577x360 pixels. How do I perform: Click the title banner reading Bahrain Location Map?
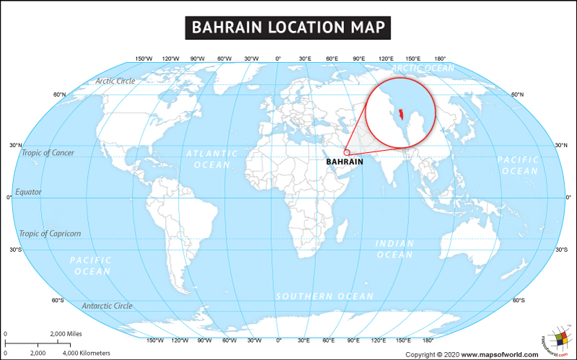tap(288, 28)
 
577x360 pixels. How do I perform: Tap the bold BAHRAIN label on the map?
tap(344, 162)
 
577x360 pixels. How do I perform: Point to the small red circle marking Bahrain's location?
tap(346, 152)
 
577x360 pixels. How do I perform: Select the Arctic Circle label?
tap(115, 81)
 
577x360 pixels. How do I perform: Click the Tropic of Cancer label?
tap(48, 153)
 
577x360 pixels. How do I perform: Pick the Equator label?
tap(28, 192)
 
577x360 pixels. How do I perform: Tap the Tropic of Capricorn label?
tap(50, 234)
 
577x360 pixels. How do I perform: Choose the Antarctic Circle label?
tap(107, 306)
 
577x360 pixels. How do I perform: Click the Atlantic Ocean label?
tap(211, 159)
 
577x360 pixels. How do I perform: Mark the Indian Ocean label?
tap(395, 249)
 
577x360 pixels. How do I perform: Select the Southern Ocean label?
tap(325, 297)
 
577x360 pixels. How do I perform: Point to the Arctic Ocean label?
tap(423, 68)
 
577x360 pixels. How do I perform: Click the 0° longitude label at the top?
tap(278, 58)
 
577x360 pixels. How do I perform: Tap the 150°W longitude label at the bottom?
tap(154, 340)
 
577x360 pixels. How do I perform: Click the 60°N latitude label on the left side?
tap(59, 95)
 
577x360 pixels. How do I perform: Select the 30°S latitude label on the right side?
tap(561, 250)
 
